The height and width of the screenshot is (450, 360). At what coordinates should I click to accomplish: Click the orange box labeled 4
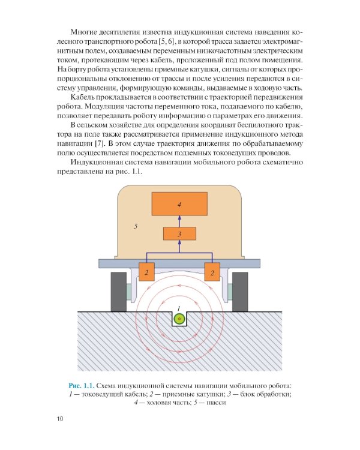pyautogui.click(x=179, y=205)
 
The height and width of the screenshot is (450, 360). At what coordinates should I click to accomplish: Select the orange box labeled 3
pyautogui.click(x=179, y=234)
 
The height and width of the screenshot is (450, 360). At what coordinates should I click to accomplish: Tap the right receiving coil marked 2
pyautogui.click(x=212, y=272)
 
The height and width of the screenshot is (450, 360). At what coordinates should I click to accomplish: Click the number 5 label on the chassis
pyautogui.click(x=136, y=226)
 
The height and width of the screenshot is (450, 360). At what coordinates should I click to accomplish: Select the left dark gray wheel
pyautogui.click(x=119, y=291)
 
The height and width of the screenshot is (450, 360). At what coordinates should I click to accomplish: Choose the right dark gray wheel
pyautogui.click(x=240, y=291)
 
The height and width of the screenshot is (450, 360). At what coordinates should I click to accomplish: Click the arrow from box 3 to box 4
pyautogui.click(x=179, y=221)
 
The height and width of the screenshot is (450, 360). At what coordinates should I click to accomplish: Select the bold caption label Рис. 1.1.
pyautogui.click(x=82, y=384)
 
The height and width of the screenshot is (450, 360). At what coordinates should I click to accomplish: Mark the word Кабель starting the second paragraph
pyautogui.click(x=83, y=98)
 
